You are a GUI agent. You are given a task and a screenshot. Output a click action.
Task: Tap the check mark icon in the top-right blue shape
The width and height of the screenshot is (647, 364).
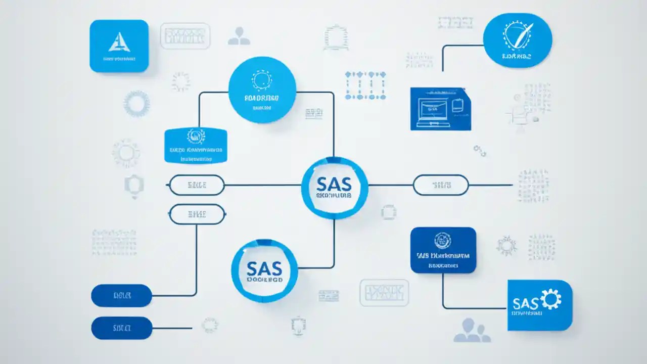point(517,36)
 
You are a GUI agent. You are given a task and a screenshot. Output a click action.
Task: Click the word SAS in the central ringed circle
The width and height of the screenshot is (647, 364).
point(334,183)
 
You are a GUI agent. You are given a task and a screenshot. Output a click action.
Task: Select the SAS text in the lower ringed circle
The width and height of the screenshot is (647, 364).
point(264,268)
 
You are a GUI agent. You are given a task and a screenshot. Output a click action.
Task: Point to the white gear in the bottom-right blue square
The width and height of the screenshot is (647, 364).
point(550,299)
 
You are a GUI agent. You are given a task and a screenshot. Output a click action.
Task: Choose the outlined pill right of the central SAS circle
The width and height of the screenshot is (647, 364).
point(441,185)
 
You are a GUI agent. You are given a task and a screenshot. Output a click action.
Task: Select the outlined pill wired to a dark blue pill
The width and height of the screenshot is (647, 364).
point(197,214)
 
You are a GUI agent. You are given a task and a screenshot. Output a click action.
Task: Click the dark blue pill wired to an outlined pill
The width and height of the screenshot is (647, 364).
point(121,295)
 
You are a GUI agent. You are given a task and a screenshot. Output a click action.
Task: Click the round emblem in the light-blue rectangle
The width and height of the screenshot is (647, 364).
point(195,135)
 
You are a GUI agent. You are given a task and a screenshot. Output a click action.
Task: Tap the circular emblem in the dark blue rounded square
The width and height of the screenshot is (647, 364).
point(443,241)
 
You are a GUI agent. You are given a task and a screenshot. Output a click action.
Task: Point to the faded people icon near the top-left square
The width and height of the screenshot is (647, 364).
point(239,36)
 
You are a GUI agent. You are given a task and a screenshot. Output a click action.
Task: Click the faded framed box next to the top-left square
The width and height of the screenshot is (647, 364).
point(185,36)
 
